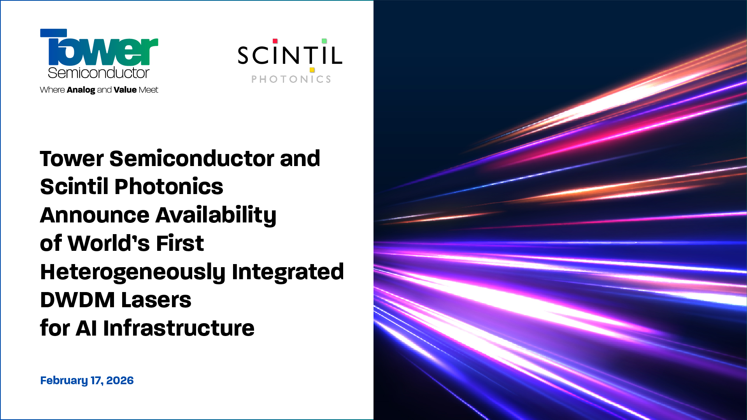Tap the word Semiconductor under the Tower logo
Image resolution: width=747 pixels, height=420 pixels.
[x=98, y=73]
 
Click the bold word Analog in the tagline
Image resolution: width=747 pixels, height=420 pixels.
[x=81, y=90]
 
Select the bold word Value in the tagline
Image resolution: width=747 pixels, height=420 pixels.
[x=125, y=90]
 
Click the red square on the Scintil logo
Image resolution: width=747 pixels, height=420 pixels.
[x=275, y=41]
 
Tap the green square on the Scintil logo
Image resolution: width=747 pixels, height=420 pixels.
[x=324, y=41]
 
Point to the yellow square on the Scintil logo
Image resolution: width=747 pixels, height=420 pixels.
[x=312, y=70]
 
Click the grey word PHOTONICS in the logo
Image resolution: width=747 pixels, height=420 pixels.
[x=291, y=79]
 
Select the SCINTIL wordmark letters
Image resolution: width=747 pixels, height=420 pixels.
[x=290, y=56]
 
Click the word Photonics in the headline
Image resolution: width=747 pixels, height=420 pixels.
[x=169, y=187]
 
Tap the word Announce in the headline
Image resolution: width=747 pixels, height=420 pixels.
[x=95, y=215]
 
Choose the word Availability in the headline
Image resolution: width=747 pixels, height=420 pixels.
[x=216, y=215]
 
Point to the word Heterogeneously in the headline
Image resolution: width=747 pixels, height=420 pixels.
[x=133, y=272]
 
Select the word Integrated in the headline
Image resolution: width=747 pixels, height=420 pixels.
[x=288, y=272]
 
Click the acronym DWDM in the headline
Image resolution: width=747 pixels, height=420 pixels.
[x=77, y=300]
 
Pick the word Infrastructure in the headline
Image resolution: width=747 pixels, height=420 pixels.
[x=179, y=328]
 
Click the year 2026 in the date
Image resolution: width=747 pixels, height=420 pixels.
[x=120, y=380]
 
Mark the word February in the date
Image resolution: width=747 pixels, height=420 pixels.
[x=64, y=380]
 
